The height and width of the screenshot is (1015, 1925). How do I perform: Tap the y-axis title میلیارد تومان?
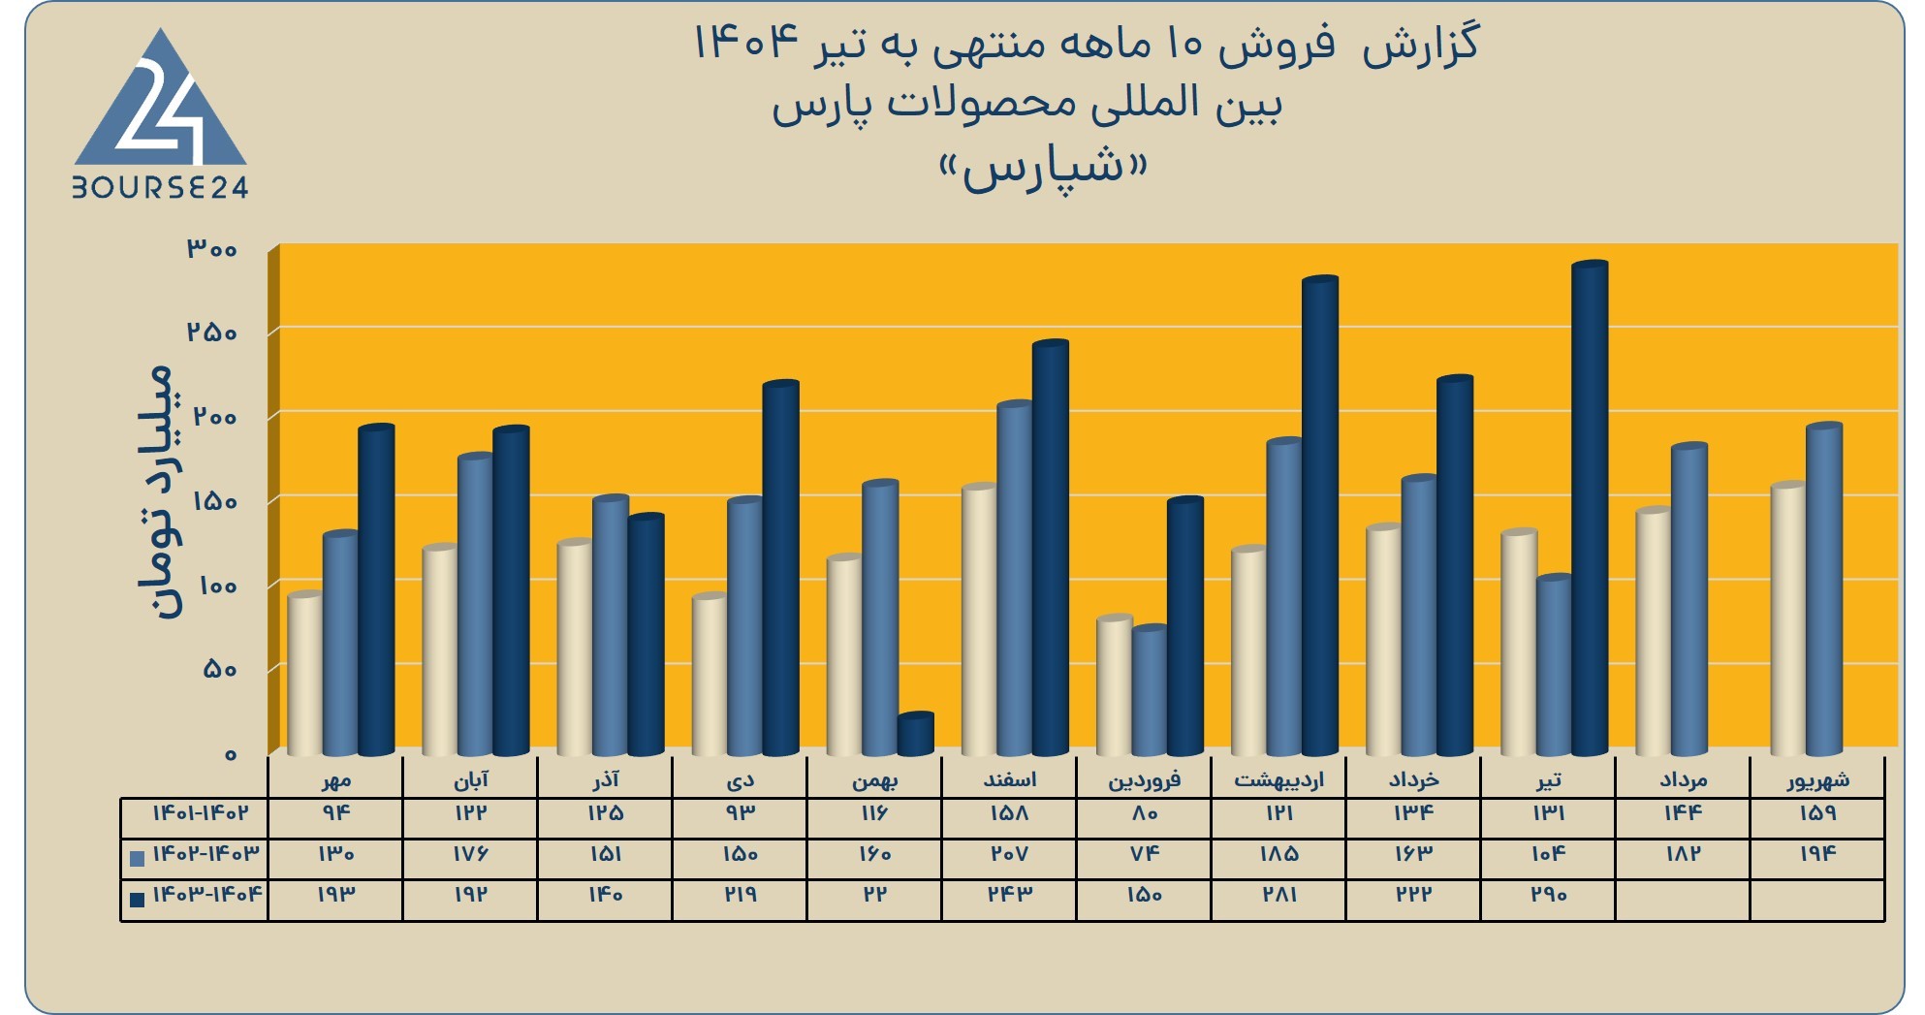pyautogui.click(x=156, y=492)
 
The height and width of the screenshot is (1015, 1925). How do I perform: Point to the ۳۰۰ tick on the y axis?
pyautogui.click(x=212, y=248)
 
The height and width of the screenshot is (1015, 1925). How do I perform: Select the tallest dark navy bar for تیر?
pyautogui.click(x=1590, y=508)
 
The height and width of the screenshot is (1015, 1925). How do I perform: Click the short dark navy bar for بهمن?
pyautogui.click(x=915, y=734)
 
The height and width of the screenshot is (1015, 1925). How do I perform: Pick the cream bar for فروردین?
pyautogui.click(x=1115, y=685)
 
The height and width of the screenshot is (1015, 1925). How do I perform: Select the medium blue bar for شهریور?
pyautogui.click(x=1824, y=589)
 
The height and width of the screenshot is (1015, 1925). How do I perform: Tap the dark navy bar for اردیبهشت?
pyautogui.click(x=1320, y=516)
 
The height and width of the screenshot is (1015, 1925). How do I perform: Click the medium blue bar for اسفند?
pyautogui.click(x=1015, y=578)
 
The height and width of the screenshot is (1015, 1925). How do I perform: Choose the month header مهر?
pyautogui.click(x=336, y=779)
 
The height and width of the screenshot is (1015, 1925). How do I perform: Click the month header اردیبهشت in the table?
pyautogui.click(x=1278, y=778)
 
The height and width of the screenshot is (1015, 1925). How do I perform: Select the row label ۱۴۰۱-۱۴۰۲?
pyautogui.click(x=200, y=812)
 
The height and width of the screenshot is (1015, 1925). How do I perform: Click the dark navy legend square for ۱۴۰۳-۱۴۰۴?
pyautogui.click(x=137, y=899)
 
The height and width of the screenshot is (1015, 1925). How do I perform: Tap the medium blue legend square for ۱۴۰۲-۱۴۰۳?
pyautogui.click(x=137, y=858)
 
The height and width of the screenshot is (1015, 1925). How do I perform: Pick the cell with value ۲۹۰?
pyautogui.click(x=1548, y=894)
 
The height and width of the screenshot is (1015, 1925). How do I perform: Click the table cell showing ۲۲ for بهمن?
pyautogui.click(x=874, y=894)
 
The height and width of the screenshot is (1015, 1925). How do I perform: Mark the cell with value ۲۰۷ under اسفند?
pyautogui.click(x=1009, y=853)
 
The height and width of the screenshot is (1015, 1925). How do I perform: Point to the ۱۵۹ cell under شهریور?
pyautogui.click(x=1817, y=812)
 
